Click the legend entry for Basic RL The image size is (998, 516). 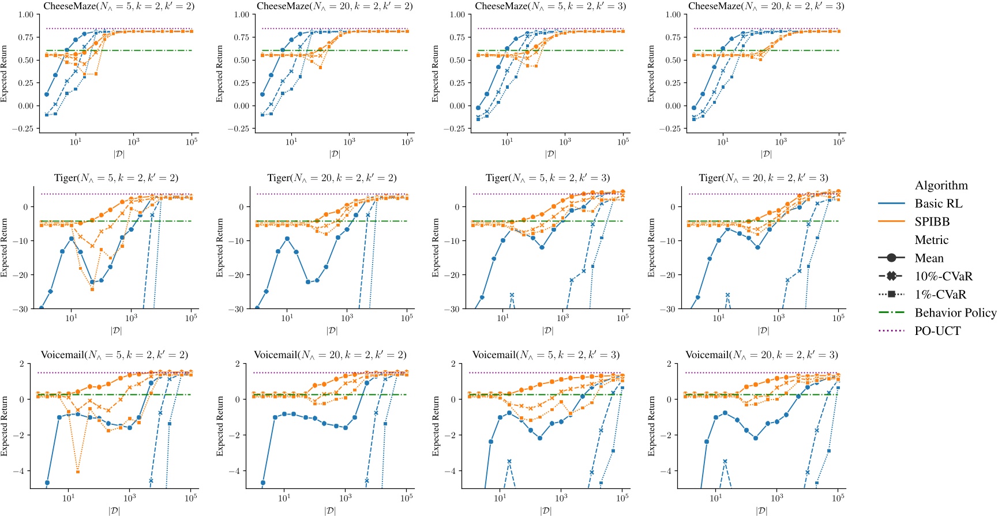[938, 204]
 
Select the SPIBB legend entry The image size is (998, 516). [932, 222]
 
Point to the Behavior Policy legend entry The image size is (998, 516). [955, 313]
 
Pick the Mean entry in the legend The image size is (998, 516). [929, 258]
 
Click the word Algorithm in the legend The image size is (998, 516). [941, 186]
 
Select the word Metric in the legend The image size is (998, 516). [931, 240]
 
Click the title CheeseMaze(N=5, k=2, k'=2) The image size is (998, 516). [119, 6]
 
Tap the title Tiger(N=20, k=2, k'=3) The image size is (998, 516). [763, 178]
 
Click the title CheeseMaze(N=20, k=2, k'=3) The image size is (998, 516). [766, 6]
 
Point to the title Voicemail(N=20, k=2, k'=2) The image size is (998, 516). [330, 355]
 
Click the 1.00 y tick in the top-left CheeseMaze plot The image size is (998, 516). [25, 15]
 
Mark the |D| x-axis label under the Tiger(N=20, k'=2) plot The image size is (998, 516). [332, 330]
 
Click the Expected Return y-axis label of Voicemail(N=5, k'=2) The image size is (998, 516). [5, 425]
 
